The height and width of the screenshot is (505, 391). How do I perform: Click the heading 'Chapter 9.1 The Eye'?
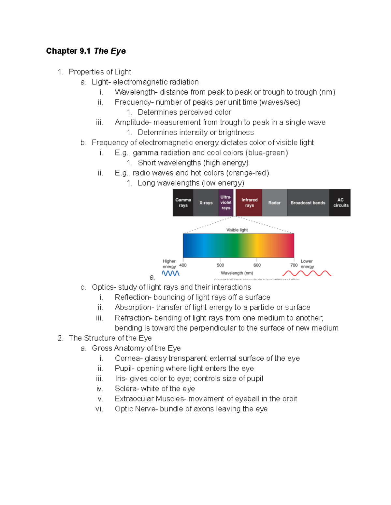coord(86,51)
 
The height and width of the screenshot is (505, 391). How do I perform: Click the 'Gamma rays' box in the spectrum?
coord(183,203)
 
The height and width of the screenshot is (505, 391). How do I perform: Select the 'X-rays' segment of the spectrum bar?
coord(206,203)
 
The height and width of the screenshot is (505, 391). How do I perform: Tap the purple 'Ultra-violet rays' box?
coord(226,203)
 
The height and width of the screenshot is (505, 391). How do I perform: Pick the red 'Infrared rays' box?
coord(249,203)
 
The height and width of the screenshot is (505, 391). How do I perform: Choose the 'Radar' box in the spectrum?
coord(274,203)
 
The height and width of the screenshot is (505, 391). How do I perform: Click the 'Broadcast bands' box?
coord(308,203)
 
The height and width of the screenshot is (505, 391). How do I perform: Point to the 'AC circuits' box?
coord(340,203)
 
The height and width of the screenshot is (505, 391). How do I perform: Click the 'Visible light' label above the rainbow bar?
coord(237,230)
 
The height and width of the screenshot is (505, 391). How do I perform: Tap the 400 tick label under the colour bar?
coord(183,265)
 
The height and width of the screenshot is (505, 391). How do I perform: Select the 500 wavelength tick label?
coord(220,265)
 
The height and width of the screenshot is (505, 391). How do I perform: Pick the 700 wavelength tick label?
coord(294,265)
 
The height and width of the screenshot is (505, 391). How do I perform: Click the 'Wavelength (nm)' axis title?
coord(237,273)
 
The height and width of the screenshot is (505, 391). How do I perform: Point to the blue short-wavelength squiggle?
coord(171,273)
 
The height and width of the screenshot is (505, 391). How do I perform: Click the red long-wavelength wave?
coord(307,273)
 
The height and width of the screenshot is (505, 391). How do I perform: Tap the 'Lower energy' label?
coord(307,264)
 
